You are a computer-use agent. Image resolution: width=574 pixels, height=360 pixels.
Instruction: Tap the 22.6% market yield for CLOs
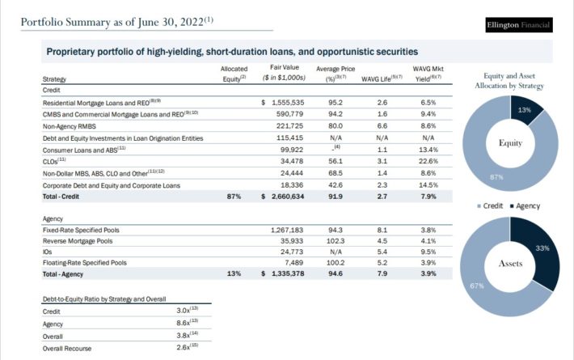pyautogui.click(x=428, y=162)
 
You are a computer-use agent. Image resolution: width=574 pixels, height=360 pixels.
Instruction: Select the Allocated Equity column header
pyautogui.click(x=234, y=74)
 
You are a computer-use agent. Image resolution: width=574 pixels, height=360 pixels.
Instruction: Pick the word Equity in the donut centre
pyautogui.click(x=510, y=143)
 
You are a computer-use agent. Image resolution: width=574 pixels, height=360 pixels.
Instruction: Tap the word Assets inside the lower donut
pyautogui.click(x=510, y=263)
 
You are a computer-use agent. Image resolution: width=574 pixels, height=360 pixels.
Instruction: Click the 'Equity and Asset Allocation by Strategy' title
pyautogui.click(x=509, y=79)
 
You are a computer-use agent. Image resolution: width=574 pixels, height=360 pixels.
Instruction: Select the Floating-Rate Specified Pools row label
pyautogui.click(x=84, y=263)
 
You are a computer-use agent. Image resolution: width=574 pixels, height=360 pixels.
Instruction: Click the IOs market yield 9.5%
pyautogui.click(x=428, y=252)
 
